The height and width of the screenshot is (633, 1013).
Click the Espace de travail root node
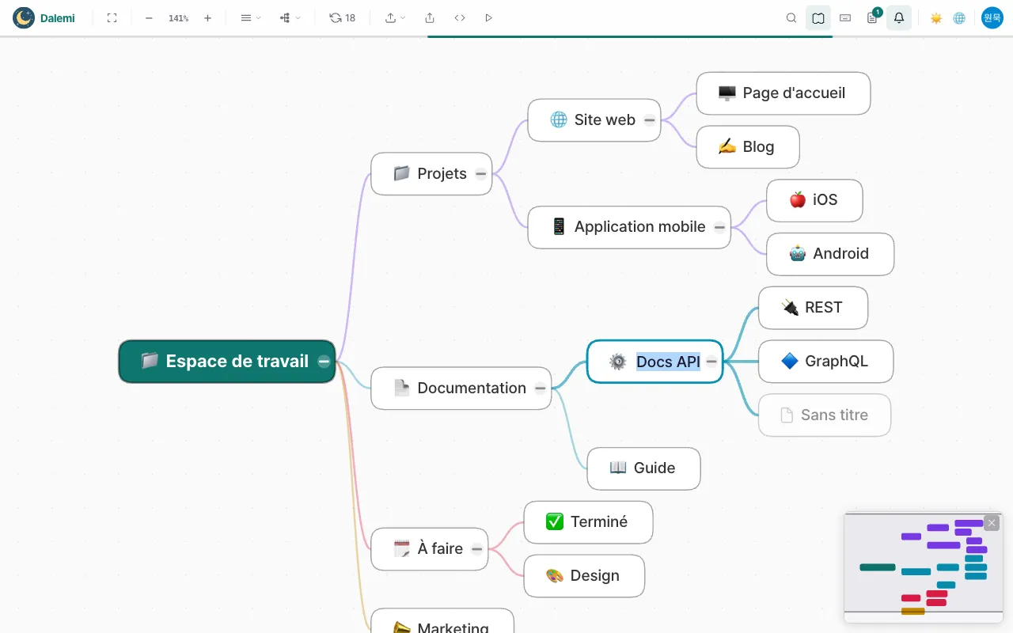point(226,362)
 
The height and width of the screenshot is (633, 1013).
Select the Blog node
point(748,147)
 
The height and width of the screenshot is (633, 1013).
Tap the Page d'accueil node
point(783,93)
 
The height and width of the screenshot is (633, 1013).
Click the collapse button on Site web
point(650,120)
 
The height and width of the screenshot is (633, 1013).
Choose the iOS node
point(814,200)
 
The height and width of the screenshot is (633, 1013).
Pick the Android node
point(830,254)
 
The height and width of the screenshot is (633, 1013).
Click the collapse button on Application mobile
point(719,227)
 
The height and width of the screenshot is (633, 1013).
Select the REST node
point(813,308)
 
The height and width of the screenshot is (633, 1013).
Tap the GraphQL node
point(825,362)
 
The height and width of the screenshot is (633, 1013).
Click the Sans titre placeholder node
point(825,415)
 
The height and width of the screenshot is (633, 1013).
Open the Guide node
point(643,468)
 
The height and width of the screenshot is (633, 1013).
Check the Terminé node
point(588,522)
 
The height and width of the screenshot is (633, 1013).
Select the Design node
point(584,576)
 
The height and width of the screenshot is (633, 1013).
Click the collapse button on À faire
point(476,549)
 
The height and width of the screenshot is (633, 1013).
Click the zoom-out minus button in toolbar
point(149,18)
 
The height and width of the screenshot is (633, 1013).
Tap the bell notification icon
point(898,18)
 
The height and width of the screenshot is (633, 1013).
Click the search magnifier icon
point(791,18)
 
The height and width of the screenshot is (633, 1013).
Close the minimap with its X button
point(992,523)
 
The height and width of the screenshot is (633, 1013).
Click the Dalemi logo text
point(58,18)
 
